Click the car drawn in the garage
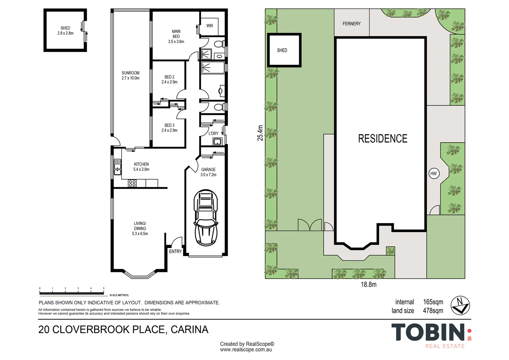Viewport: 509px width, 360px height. (206, 218)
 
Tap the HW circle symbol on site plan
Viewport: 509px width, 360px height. (434, 174)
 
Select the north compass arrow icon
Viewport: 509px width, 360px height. (460, 305)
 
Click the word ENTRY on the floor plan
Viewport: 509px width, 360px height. (175, 251)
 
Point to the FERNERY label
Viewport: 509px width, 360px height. (351, 24)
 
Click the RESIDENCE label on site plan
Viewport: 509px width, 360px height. (383, 139)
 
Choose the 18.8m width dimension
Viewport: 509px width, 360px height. (368, 284)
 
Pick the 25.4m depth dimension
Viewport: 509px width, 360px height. (260, 133)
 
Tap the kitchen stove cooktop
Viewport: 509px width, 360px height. (132, 183)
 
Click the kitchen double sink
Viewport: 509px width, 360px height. (118, 167)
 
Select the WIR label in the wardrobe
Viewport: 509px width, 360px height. (210, 26)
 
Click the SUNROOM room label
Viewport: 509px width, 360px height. (131, 73)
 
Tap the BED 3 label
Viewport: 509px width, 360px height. (170, 125)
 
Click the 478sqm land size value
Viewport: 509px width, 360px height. (433, 311)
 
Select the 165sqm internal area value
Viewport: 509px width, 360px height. (433, 302)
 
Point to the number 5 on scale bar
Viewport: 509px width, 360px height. (104, 288)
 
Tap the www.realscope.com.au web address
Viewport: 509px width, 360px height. (246, 350)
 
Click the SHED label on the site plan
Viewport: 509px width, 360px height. (282, 50)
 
